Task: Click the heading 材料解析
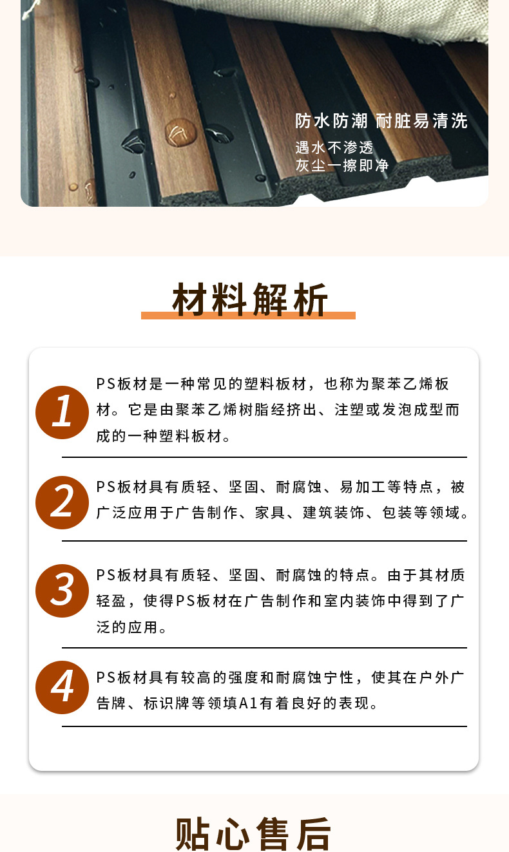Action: [x=250, y=299]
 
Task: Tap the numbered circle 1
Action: [x=62, y=412]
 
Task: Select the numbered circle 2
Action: [x=62, y=502]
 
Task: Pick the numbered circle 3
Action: [x=62, y=591]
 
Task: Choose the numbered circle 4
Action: [x=62, y=687]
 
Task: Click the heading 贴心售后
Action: [x=253, y=833]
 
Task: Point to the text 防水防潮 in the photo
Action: [x=331, y=121]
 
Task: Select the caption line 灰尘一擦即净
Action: [x=342, y=166]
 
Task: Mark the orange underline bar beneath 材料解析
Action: [x=248, y=316]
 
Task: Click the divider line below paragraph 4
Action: [x=264, y=726]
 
